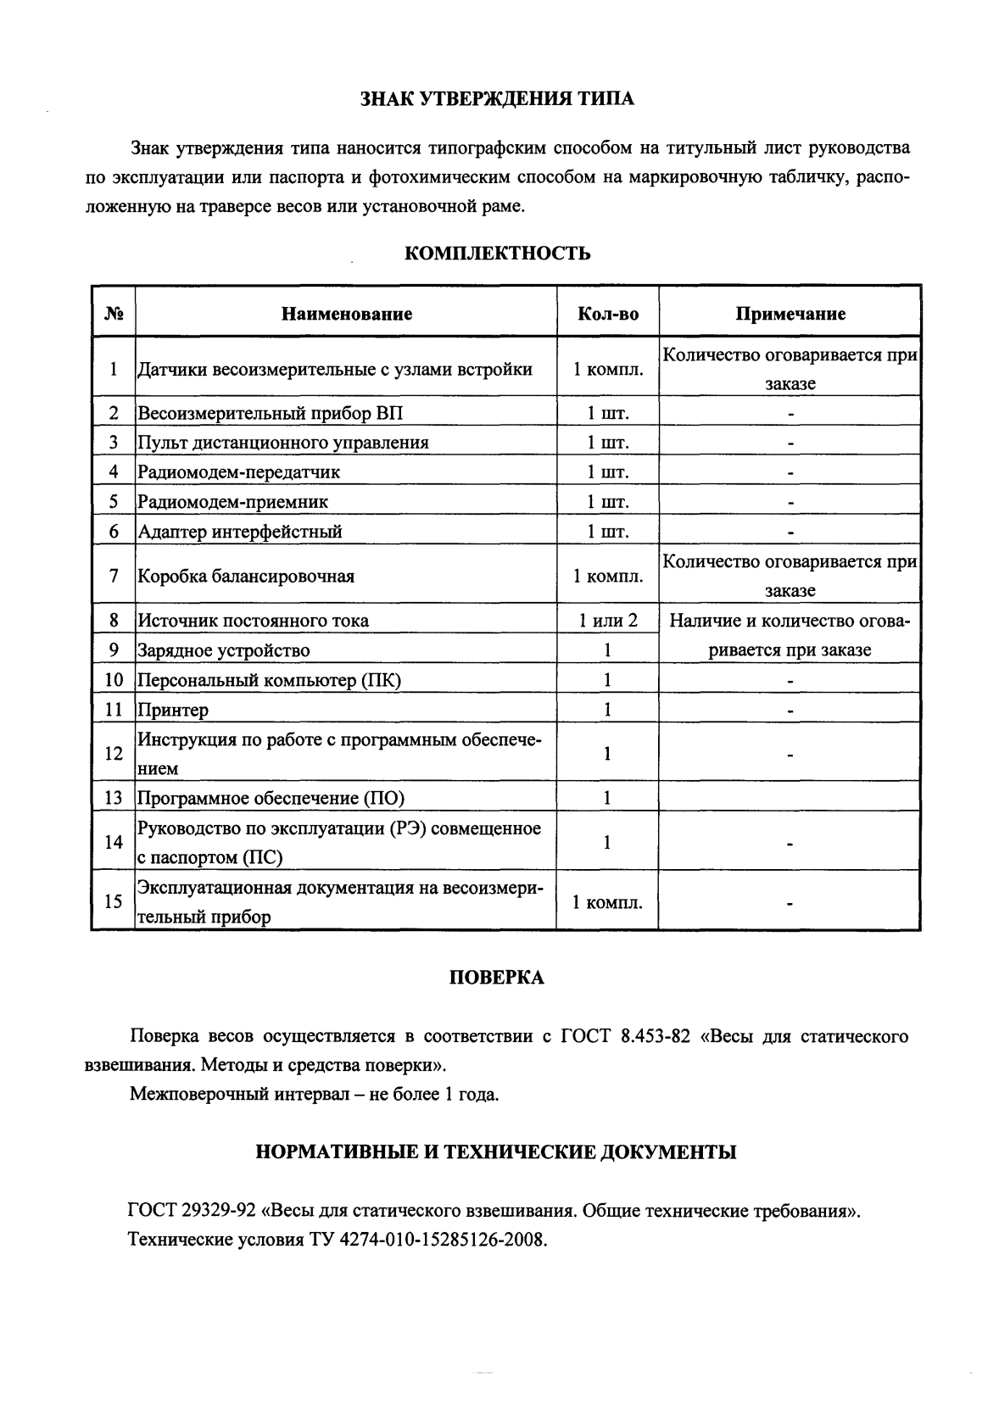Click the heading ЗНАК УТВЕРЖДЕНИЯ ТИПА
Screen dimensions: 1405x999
pos(498,99)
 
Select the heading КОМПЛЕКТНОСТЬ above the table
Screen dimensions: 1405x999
pos(496,254)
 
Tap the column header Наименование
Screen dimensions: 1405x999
pos(346,314)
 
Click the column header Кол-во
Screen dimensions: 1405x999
pos(607,314)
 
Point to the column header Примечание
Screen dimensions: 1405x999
pos(790,314)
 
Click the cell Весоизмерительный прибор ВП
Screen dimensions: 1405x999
pos(271,413)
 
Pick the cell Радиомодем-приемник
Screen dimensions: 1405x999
pos(232,501)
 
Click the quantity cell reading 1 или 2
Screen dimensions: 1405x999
pos(607,620)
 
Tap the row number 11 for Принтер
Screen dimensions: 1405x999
pos(114,709)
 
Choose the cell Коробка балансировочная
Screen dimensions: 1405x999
pos(246,576)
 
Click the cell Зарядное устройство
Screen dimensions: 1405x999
pos(223,650)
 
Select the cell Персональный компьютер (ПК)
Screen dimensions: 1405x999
pos(269,679)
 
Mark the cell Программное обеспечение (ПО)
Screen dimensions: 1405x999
pos(271,797)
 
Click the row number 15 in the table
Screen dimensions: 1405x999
pos(114,901)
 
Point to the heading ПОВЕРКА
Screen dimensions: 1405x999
pos(496,978)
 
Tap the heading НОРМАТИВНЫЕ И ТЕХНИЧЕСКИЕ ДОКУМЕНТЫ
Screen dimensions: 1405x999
pos(496,1151)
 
